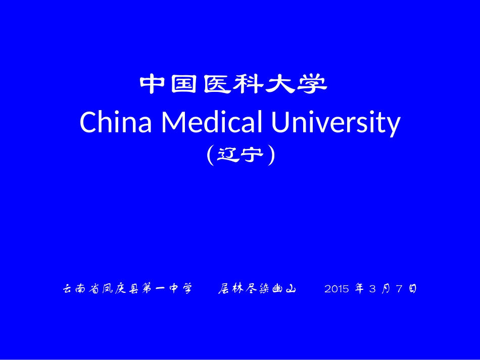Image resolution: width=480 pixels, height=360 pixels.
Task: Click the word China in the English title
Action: point(116,122)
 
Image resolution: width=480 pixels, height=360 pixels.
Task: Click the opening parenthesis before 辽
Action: point(210,155)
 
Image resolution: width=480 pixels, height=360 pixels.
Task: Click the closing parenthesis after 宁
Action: point(272,155)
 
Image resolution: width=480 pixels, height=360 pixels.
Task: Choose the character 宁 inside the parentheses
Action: point(254,155)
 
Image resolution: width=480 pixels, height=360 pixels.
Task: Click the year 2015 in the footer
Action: point(337,289)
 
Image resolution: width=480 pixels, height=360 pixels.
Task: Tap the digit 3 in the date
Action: point(372,289)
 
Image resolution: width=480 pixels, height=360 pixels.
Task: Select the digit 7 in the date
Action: point(399,289)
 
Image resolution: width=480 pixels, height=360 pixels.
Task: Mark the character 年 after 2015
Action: point(359,289)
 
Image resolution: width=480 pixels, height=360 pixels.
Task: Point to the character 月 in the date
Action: point(386,289)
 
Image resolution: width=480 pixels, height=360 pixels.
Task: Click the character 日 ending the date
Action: point(412,289)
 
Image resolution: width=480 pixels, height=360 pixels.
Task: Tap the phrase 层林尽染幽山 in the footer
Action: point(257,289)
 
